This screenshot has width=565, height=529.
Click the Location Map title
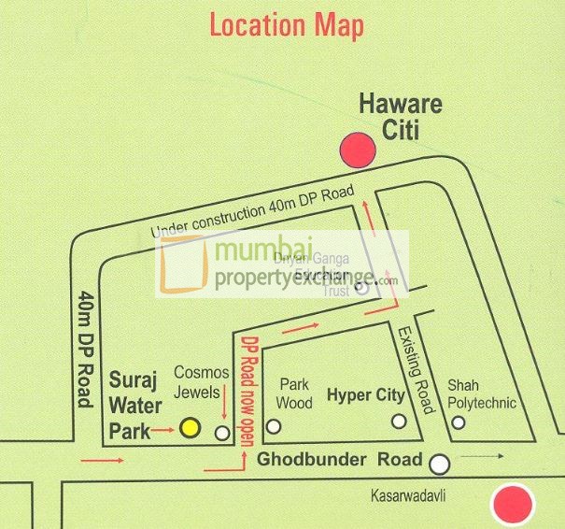pyautogui.click(x=287, y=25)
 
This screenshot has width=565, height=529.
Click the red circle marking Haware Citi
pyautogui.click(x=355, y=149)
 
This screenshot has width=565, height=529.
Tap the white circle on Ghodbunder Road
pyautogui.click(x=439, y=462)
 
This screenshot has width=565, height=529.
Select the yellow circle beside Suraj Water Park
pyautogui.click(x=191, y=428)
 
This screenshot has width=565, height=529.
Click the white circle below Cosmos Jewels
pyautogui.click(x=222, y=433)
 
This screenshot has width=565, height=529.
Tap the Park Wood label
pyautogui.click(x=294, y=393)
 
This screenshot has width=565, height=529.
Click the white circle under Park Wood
pyautogui.click(x=274, y=427)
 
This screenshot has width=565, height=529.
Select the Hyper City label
pyautogui.click(x=365, y=395)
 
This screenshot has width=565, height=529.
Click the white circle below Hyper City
pyautogui.click(x=399, y=422)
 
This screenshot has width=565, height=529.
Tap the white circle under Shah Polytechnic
pyautogui.click(x=459, y=422)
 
